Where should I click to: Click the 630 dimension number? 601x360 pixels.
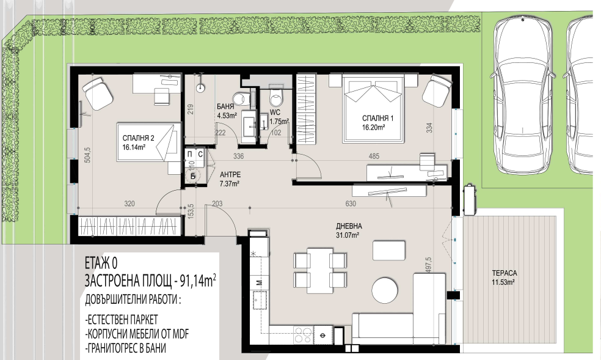point(351,204)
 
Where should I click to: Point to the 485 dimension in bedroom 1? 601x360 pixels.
point(374,156)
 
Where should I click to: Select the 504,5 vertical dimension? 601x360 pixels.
point(87,155)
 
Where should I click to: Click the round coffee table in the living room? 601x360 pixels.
point(385,290)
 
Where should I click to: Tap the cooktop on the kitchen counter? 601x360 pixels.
point(304,335)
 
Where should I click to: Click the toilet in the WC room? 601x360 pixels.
point(276,97)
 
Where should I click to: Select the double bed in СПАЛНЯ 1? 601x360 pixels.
point(373,109)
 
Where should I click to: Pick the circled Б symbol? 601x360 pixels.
point(193,176)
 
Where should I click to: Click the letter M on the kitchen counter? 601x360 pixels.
point(260,283)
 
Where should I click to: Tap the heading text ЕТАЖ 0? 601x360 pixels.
point(101,263)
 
